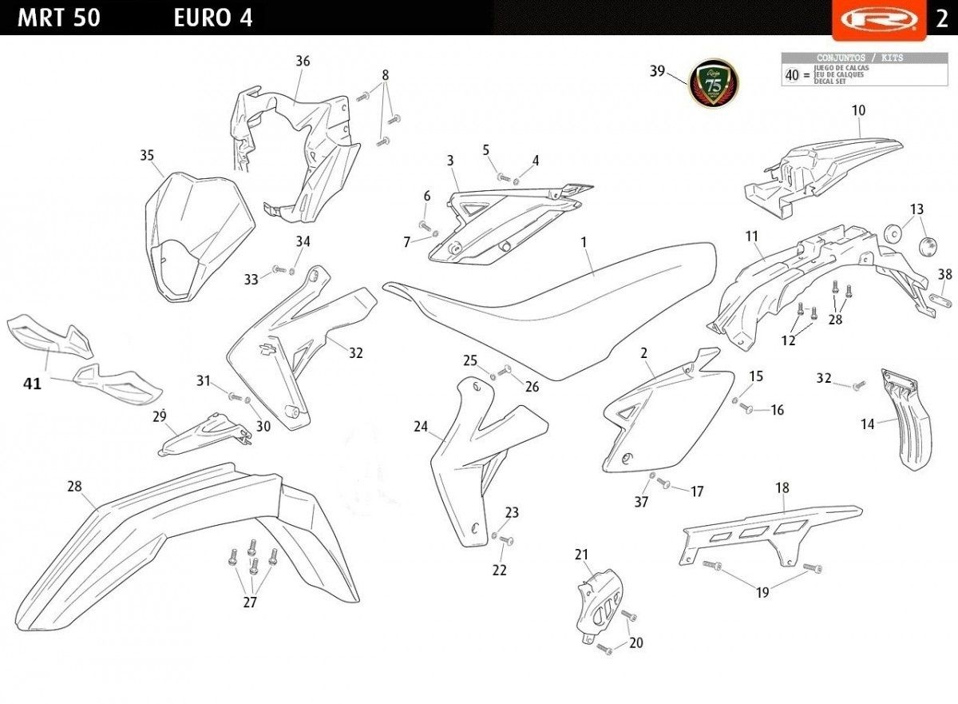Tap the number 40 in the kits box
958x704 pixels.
pos(792,75)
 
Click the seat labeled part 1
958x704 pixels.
pos(551,304)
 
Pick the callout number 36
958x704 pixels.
pos(303,62)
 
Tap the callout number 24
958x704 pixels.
pos(421,427)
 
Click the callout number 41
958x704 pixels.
pos(32,384)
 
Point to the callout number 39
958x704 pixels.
pos(657,71)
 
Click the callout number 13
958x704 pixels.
pos(916,209)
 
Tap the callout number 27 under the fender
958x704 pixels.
pos(250,603)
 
